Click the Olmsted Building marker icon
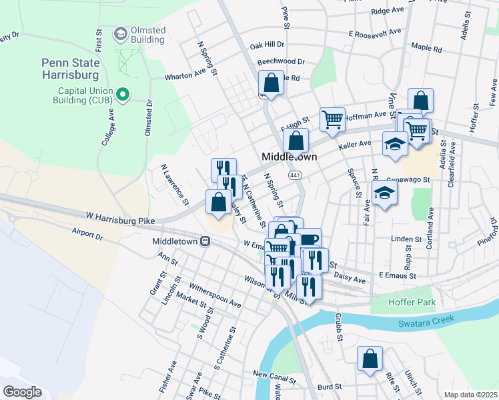click(121, 33)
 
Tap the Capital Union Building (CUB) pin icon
click(122, 95)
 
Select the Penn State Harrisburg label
click(71, 69)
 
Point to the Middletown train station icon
click(207, 241)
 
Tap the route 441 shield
click(293, 175)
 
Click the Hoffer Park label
click(412, 302)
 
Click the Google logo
click(22, 392)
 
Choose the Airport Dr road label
click(87, 234)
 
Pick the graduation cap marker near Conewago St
click(385, 194)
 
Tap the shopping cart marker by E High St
click(332, 119)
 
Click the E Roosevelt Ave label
click(375, 32)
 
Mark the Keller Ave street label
click(355, 143)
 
